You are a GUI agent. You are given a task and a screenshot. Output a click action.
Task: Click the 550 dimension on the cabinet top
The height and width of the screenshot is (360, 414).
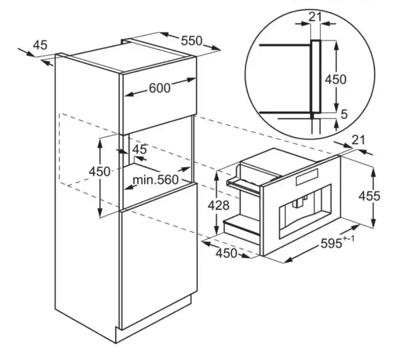point(191,41)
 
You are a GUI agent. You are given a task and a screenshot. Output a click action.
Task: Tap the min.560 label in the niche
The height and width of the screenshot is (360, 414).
point(155,180)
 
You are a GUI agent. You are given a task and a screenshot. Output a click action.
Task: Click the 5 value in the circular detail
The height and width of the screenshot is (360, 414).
point(344,114)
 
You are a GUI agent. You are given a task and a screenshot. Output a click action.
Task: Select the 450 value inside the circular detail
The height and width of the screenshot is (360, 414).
point(335,79)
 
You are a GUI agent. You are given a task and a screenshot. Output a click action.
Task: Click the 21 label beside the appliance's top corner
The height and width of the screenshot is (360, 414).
point(359,140)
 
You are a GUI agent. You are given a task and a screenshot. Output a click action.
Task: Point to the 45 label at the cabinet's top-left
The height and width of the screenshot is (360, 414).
point(40,45)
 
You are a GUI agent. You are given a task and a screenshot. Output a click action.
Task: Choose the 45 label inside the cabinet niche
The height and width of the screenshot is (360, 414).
point(140,149)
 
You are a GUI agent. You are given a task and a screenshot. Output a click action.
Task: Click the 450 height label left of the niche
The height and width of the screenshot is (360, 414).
point(99,172)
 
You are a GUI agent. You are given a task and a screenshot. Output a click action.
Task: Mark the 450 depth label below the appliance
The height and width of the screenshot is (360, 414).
point(226,253)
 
